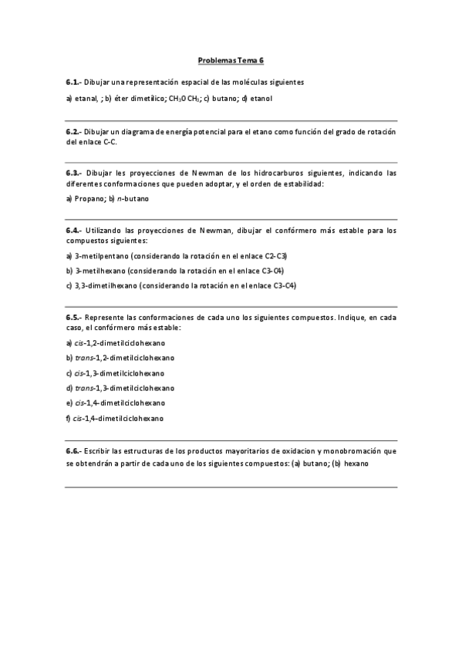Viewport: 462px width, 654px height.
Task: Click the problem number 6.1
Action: (x=73, y=82)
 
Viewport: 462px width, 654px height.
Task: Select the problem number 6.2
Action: (x=73, y=132)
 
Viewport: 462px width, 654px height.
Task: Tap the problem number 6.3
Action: (x=73, y=174)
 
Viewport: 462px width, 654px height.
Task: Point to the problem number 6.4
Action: (x=73, y=230)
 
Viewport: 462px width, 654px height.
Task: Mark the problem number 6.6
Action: (x=73, y=450)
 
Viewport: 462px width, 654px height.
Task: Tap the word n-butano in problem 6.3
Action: (x=132, y=199)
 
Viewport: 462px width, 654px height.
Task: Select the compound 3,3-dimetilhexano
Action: (x=106, y=285)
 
